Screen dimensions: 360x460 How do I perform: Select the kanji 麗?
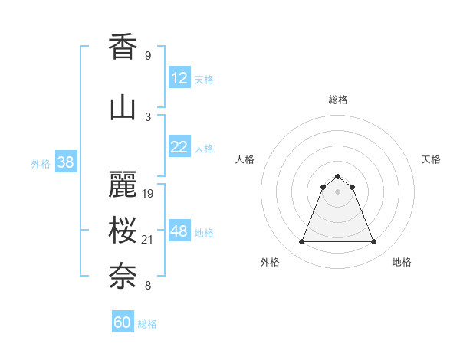(123, 185)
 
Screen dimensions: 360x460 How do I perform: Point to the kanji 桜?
(123, 230)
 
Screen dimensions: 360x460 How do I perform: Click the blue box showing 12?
(179, 78)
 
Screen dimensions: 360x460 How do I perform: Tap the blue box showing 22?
(179, 147)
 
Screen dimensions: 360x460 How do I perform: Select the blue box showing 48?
(179, 231)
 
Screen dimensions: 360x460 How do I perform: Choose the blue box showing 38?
(65, 162)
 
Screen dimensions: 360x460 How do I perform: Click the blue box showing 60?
(123, 322)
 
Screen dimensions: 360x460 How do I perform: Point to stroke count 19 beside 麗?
(149, 193)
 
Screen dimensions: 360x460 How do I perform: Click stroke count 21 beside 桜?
(149, 241)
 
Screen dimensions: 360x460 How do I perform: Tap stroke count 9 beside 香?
(148, 56)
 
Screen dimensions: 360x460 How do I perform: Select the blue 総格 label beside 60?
(147, 324)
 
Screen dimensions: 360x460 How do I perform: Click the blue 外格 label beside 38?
(41, 164)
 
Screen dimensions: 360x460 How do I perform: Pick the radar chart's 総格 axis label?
(337, 100)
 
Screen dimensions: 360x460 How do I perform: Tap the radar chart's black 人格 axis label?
(245, 159)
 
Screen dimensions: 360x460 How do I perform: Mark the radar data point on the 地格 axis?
(374, 242)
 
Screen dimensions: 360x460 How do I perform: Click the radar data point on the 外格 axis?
(301, 242)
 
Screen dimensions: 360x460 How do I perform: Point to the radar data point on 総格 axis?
(337, 175)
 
